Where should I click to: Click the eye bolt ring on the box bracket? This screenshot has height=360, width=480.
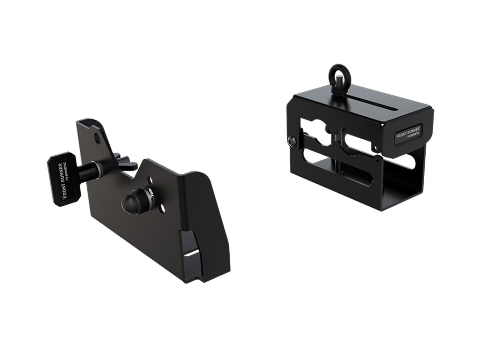point(337,71)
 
